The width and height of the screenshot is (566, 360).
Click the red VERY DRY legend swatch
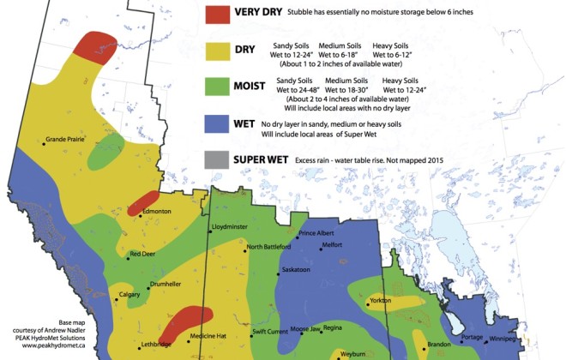tap(217, 14)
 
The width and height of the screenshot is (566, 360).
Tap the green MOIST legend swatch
tap(217, 87)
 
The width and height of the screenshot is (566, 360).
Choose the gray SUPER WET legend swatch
tap(217, 159)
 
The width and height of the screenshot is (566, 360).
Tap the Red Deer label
tap(141, 255)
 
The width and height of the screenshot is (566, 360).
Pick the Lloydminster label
tap(229, 228)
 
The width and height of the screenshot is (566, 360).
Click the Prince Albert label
tap(315, 233)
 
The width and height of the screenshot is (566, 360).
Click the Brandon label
tap(439, 344)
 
